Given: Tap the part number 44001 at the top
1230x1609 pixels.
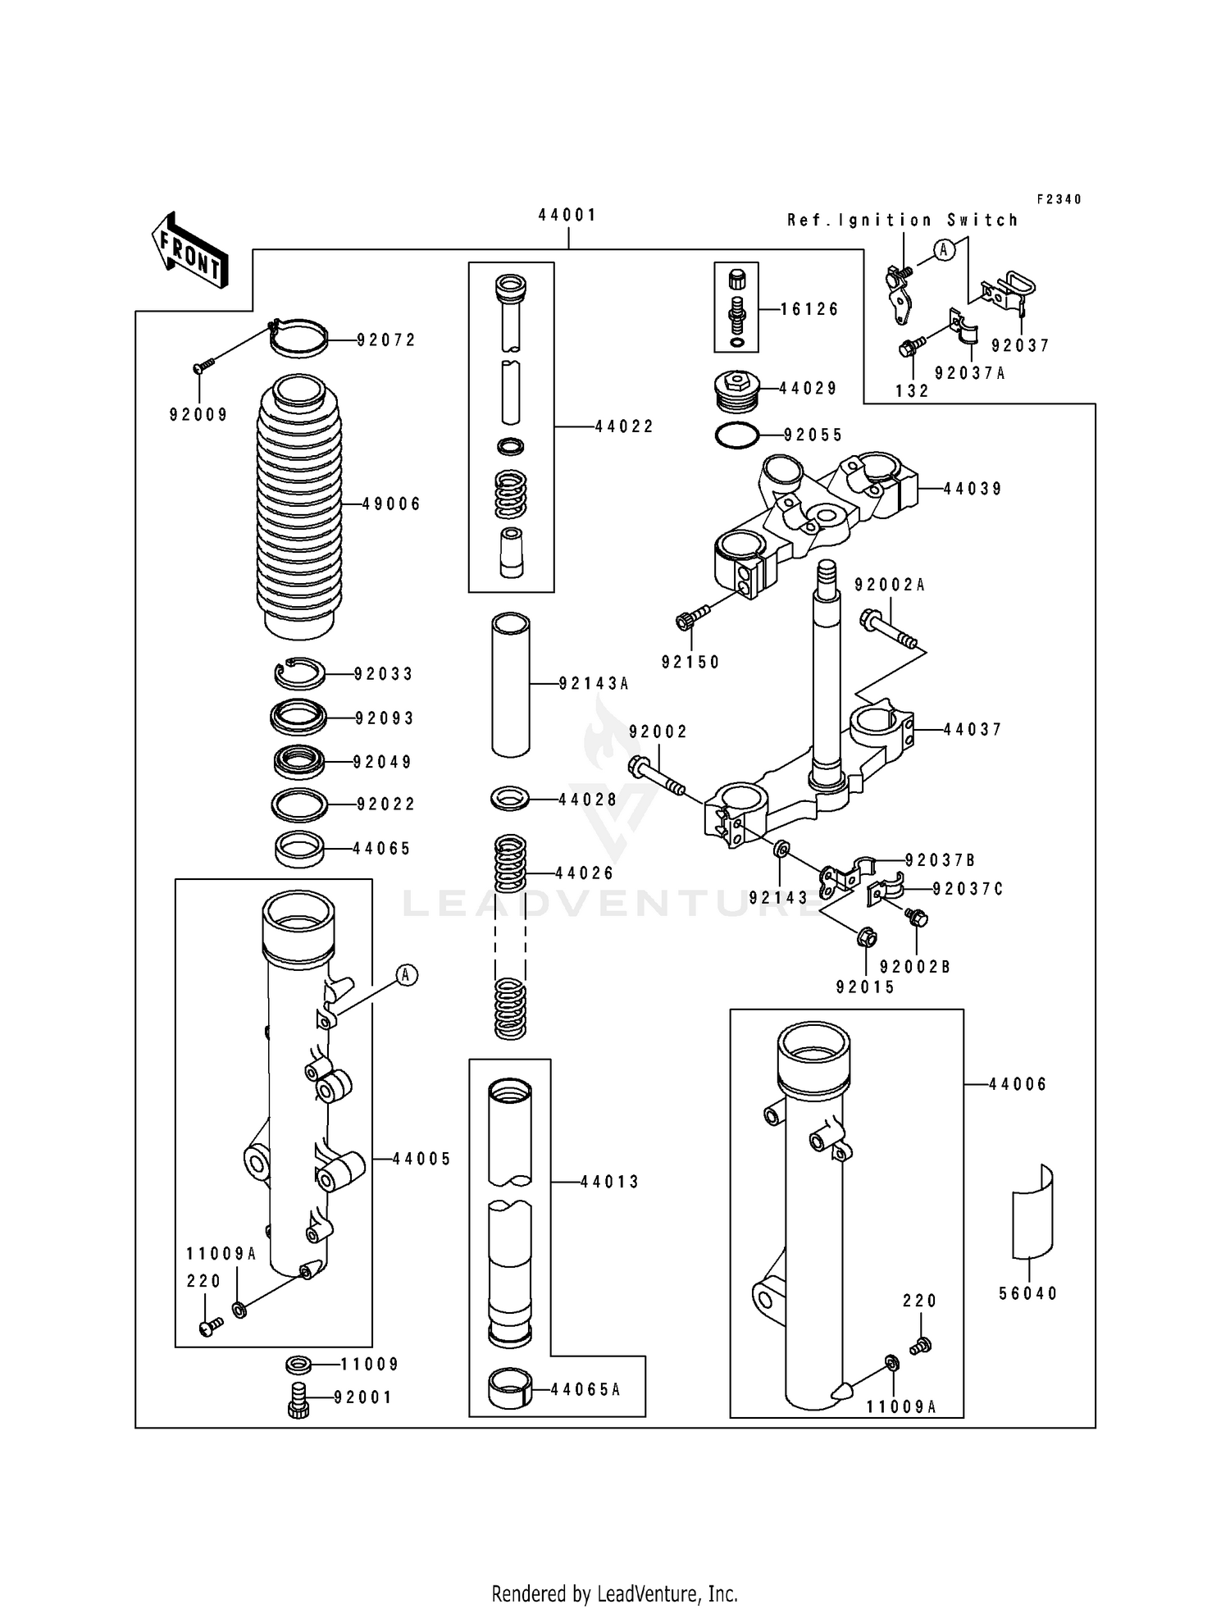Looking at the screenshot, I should click(567, 215).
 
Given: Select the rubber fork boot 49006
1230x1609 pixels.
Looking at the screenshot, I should click(298, 504).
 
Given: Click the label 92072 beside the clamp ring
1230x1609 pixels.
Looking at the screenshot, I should click(386, 340).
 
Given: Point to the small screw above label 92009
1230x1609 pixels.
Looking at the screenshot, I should click(203, 366).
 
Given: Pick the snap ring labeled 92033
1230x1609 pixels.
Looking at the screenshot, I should click(298, 674).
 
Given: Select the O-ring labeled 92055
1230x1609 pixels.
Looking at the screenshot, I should click(736, 435).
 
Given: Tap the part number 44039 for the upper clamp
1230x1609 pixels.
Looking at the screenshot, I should click(973, 489).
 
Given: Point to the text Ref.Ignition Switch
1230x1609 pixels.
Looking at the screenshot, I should click(903, 220).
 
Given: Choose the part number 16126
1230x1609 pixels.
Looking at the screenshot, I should click(809, 309).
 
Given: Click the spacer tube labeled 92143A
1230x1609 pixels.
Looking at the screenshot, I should click(511, 684).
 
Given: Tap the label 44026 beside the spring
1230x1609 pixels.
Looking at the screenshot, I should click(585, 873).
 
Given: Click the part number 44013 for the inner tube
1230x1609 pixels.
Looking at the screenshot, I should click(610, 1182).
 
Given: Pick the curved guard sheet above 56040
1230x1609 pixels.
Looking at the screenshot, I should click(1031, 1211).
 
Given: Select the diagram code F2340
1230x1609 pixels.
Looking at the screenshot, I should click(1059, 199).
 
